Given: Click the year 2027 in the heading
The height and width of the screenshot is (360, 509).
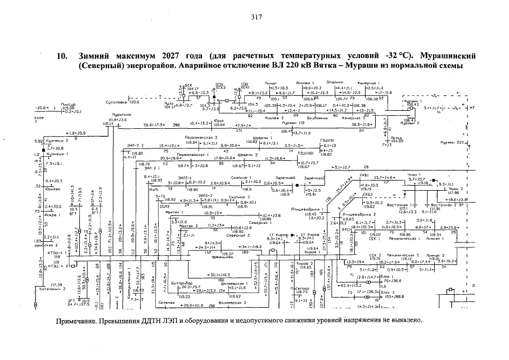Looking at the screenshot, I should (x=173, y=56).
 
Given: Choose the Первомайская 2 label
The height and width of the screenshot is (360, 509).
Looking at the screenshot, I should (x=201, y=138).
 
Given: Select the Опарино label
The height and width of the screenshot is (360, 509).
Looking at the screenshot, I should (x=343, y=82).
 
